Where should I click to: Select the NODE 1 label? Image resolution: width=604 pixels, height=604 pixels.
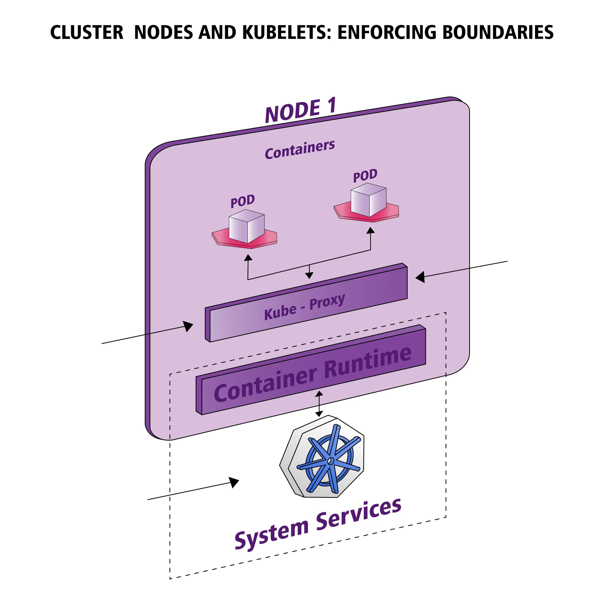point(300,110)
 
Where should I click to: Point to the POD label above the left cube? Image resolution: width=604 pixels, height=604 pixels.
point(243,201)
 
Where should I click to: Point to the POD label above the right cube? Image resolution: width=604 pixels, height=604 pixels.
point(365,176)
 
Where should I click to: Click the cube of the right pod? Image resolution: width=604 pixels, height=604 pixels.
point(369,200)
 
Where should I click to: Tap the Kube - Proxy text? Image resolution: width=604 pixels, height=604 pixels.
point(304,307)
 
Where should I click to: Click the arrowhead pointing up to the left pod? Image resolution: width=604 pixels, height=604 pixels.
point(248,257)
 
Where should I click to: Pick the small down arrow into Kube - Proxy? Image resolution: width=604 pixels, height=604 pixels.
point(309,275)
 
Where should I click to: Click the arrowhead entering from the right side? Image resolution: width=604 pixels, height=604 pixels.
point(420,277)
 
